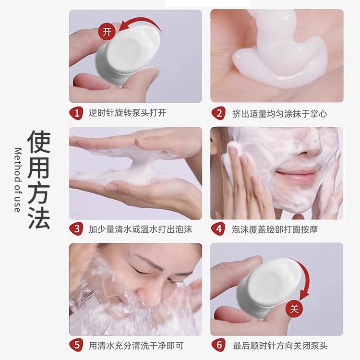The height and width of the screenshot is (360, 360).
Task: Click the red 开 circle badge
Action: (x=107, y=32)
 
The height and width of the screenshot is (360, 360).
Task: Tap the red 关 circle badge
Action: (x=294, y=309)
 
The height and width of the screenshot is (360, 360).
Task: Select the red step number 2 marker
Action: (x=219, y=113)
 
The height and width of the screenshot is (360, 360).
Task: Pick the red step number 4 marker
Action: (x=219, y=229)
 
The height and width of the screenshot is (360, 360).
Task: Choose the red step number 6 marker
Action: (x=219, y=345)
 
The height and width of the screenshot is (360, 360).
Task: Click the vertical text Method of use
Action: (x=17, y=180)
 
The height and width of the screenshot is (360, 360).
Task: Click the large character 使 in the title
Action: (x=38, y=142)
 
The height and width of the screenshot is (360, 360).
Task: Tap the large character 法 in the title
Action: (x=38, y=217)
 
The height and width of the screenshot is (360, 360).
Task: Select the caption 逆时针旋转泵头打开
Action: (x=127, y=113)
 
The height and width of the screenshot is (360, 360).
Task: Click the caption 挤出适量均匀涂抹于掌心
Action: (x=279, y=113)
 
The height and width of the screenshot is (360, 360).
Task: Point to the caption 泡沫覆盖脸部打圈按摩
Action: (x=275, y=229)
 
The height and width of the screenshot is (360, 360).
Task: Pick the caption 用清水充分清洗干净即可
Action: (x=136, y=345)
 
